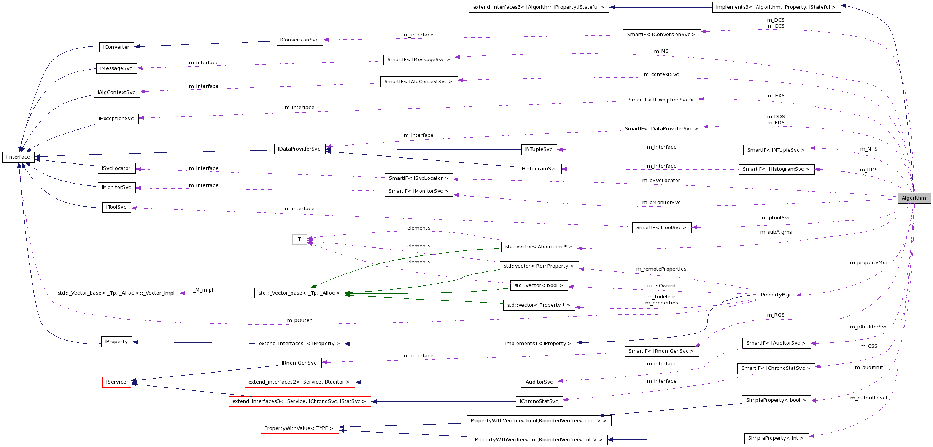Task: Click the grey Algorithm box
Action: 914,198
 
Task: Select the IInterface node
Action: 18,157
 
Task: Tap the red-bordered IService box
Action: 116,382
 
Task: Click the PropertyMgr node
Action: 776,295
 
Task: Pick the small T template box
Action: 300,239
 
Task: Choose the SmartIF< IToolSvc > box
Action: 661,228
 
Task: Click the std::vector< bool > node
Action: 539,285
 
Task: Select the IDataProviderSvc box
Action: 299,149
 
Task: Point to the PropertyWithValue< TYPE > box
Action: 299,428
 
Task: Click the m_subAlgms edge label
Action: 776,232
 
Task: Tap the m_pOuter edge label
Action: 299,320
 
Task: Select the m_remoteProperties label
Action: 661,269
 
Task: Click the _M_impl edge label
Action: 204,290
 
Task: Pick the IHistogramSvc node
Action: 539,169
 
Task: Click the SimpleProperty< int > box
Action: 776,438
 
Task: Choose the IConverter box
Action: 116,47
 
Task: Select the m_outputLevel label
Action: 868,398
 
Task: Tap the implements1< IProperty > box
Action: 539,344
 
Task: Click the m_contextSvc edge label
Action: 661,74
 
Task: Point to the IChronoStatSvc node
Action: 539,401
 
